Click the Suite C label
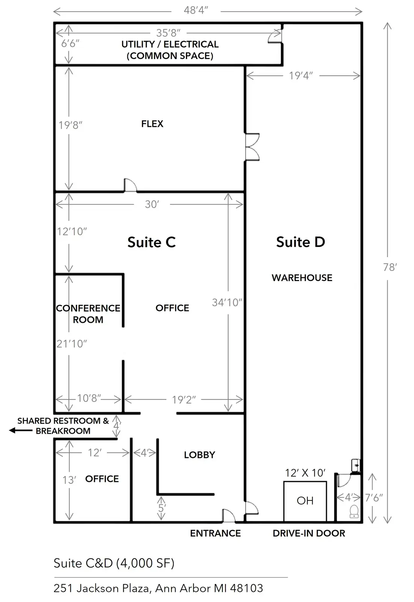coord(151,242)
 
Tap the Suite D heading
coord(301,242)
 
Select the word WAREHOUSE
coord(302,278)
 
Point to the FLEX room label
coord(152,124)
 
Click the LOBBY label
coord(199,455)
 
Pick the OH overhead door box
coord(305,501)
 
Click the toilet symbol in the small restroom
coord(354,511)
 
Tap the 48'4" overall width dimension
coord(196,10)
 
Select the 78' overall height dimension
coord(390,267)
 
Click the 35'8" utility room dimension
coord(168,33)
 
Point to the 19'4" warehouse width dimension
coord(301,76)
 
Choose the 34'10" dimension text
coord(227,303)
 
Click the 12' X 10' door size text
coord(305,473)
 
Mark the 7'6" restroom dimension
coord(374,498)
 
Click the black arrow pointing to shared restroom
coord(21,430)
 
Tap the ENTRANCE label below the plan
coord(215,533)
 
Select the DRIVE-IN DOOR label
coord(309,533)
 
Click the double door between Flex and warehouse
coord(252,147)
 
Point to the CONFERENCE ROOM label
coord(88,314)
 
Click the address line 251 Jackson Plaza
coord(158,588)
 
